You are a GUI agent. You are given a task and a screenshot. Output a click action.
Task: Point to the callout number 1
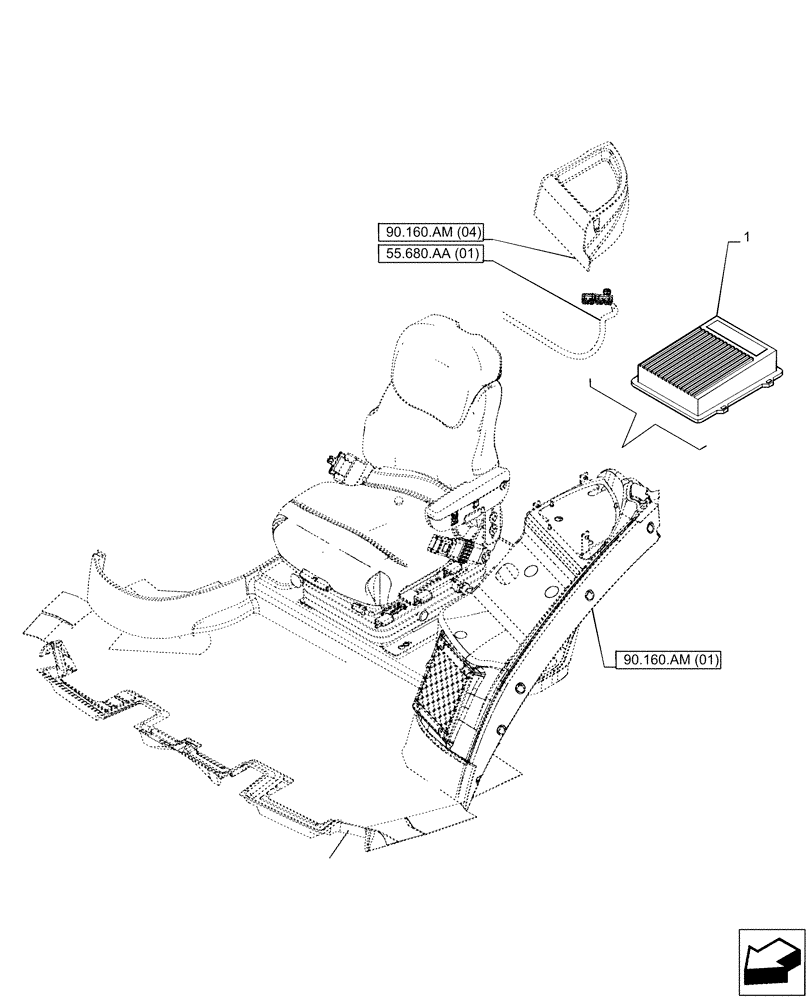tap(746, 239)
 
